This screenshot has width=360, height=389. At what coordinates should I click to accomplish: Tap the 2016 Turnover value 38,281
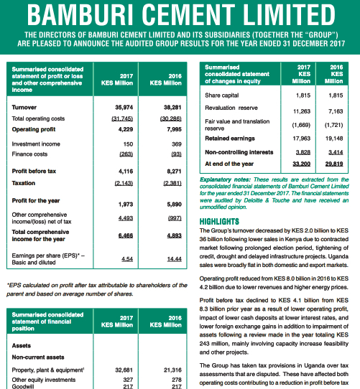coord(170,107)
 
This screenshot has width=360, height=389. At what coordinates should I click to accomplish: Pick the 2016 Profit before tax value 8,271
coord(172,172)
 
